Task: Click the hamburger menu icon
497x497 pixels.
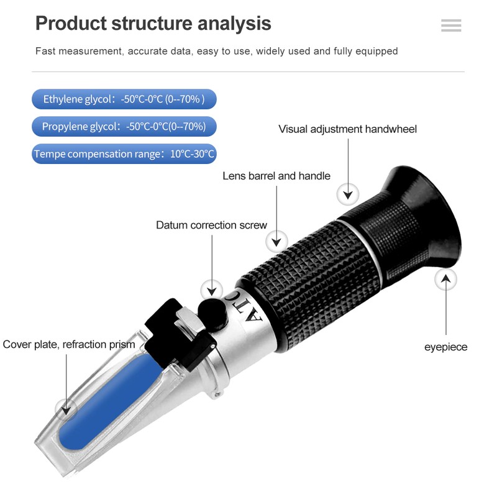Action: coord(451,25)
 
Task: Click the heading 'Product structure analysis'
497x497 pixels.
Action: coord(153,24)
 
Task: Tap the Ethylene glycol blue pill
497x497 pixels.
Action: coord(124,99)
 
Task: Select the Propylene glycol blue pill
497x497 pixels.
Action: coord(124,127)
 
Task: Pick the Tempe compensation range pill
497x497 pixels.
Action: coord(124,154)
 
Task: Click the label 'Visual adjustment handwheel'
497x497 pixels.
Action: coord(347,129)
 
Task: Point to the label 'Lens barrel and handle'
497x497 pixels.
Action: coord(276,176)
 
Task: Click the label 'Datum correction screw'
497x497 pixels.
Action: coord(211,225)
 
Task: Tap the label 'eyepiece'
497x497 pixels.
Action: coord(445,347)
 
